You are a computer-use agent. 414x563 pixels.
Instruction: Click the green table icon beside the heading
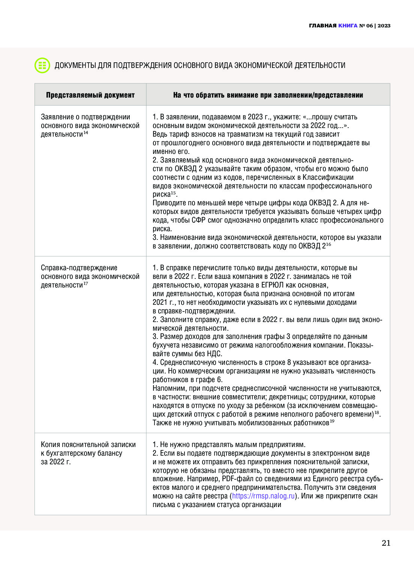[42, 65]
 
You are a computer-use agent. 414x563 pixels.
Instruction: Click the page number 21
[386, 543]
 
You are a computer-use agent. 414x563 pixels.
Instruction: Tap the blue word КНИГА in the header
[348, 26]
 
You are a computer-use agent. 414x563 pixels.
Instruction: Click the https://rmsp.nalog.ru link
[263, 496]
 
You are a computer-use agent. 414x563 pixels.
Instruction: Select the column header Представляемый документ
[90, 95]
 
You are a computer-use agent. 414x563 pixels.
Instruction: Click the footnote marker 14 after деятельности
[86, 133]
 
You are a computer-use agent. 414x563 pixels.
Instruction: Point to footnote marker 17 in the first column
[86, 284]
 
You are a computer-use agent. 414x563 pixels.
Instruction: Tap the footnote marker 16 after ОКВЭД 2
[328, 245]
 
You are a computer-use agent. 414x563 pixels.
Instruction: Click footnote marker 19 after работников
[332, 421]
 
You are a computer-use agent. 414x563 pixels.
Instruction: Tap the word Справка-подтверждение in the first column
[79, 268]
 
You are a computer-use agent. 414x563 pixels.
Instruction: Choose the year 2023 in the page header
[384, 26]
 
